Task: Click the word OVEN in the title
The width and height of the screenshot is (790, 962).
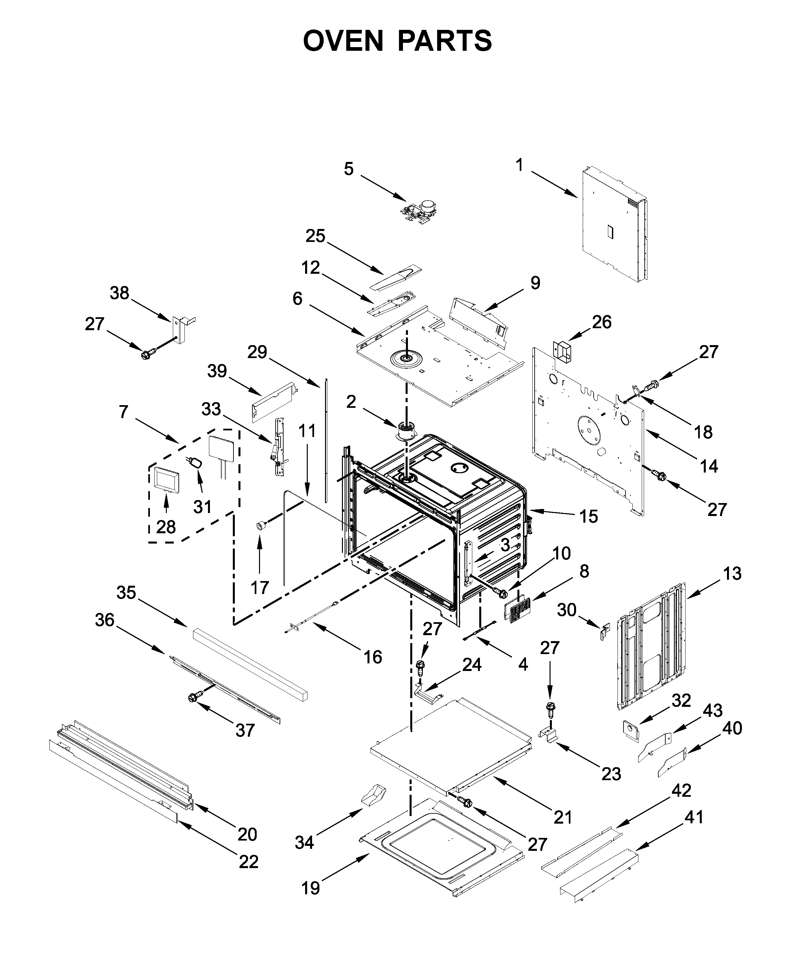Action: click(x=344, y=41)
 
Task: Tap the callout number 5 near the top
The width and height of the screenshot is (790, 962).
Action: click(x=349, y=169)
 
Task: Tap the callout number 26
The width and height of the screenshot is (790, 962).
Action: click(x=602, y=322)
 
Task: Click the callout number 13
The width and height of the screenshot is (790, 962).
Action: click(x=732, y=574)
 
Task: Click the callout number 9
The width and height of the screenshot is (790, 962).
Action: click(x=535, y=283)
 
